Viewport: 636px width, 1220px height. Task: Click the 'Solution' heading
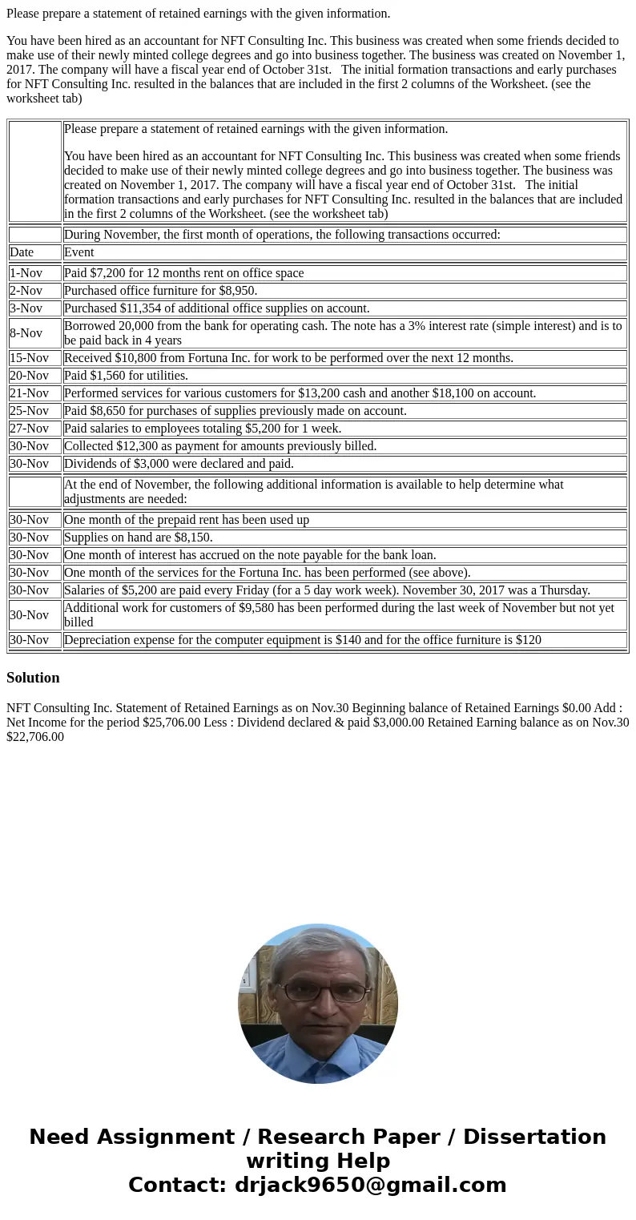[x=33, y=678]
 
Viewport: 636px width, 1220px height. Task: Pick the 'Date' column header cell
[x=22, y=252]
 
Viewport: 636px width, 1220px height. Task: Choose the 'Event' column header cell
[x=78, y=252]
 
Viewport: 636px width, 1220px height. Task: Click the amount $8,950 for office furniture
[x=236, y=291]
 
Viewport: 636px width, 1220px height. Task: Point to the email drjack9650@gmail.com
[x=370, y=1186]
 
